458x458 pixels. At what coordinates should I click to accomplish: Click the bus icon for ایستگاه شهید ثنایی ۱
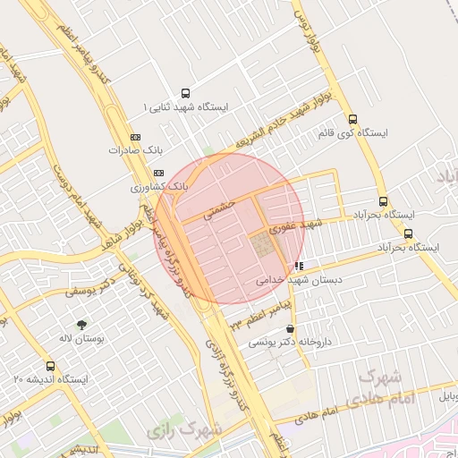[x=185, y=93]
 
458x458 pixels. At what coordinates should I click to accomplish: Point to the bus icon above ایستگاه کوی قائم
[x=352, y=119]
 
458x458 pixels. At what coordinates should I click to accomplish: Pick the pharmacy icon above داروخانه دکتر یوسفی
[x=289, y=329]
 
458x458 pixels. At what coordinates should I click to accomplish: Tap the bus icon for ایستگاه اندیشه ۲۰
[x=50, y=366]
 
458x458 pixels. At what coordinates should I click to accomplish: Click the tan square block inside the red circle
[x=263, y=245]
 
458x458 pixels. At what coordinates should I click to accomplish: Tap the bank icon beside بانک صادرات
[x=136, y=138]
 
